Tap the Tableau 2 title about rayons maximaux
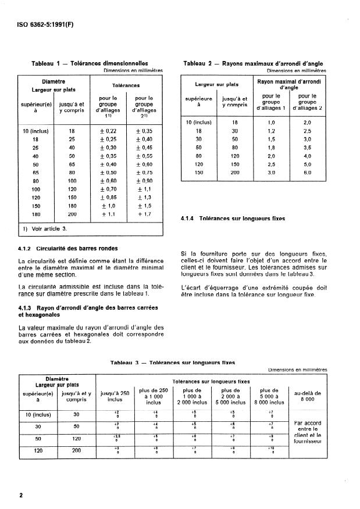pos(253,63)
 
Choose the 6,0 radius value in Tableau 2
pos(308,173)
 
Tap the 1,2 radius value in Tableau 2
pos(270,131)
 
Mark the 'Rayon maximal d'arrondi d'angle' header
pos(289,85)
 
